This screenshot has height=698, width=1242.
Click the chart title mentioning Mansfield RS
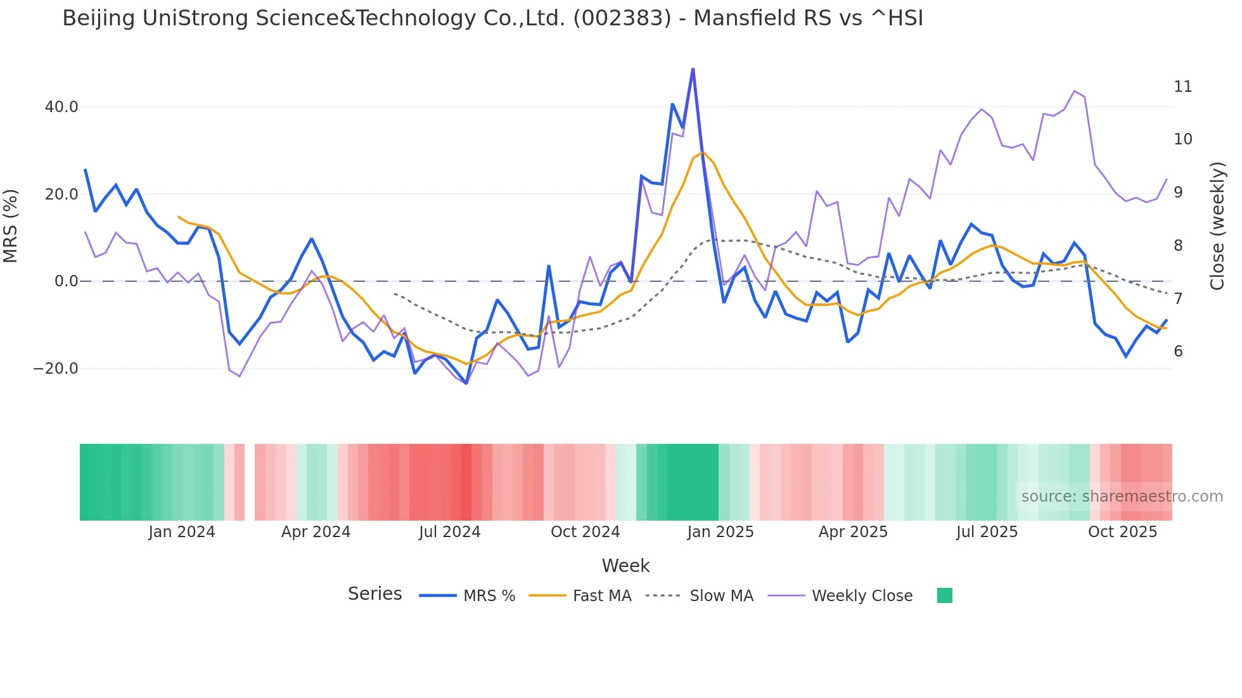pos(492,18)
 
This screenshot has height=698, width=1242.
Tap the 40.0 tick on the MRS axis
pos(61,107)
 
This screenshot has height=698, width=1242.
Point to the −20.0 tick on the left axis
pos(56,369)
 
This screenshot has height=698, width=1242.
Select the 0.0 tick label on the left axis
pos(66,281)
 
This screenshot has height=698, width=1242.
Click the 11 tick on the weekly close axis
pos(1182,87)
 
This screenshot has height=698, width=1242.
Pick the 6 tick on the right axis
pos(1178,352)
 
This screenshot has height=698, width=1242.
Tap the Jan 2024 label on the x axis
pos(182,532)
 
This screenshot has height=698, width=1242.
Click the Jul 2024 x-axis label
pos(449,532)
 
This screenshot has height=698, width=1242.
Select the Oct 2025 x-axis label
pos(1122,532)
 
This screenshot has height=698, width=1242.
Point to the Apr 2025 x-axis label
pos(853,532)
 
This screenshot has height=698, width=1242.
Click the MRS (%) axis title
pos(11,225)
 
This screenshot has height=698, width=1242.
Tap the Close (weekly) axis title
pos(1217,225)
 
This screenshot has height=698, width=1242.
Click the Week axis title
pos(625,566)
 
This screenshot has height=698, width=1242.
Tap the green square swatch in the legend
pos(944,595)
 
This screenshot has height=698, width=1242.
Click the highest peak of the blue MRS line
pos(693,69)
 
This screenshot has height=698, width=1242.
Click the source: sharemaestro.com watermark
pos(1122,497)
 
